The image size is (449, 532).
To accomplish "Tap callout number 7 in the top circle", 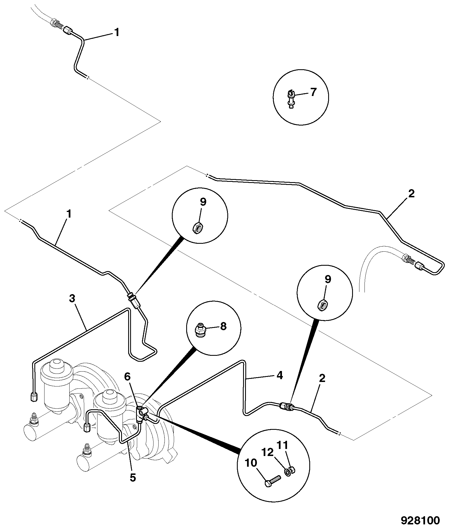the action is pyautogui.click(x=313, y=92).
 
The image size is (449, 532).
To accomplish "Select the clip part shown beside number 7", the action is pyautogui.click(x=292, y=98).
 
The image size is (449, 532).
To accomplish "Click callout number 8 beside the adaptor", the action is pyautogui.click(x=223, y=326).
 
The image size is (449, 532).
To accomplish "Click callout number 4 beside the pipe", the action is pyautogui.click(x=279, y=375).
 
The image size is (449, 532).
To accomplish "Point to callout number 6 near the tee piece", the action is pyautogui.click(x=128, y=376).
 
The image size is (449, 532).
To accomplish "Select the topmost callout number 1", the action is pyautogui.click(x=117, y=33).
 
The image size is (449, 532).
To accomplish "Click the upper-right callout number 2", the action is pyautogui.click(x=412, y=194).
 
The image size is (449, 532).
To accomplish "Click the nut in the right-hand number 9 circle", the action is pyautogui.click(x=322, y=305).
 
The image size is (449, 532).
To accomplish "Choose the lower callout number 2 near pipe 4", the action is pyautogui.click(x=322, y=378).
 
